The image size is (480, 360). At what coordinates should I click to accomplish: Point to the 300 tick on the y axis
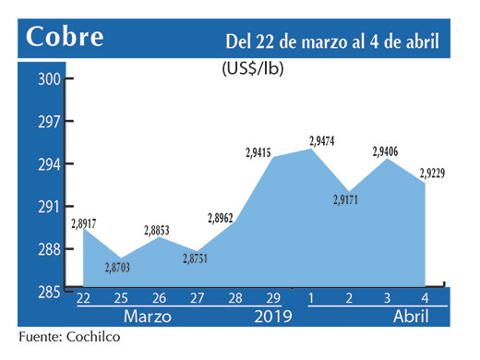(x=49, y=79)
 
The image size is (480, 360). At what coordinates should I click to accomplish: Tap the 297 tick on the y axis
(x=49, y=122)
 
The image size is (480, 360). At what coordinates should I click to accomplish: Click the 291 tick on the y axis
(x=49, y=207)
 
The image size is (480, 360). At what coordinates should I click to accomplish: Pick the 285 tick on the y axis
(x=49, y=292)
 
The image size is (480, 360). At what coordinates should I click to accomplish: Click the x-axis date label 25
(x=121, y=299)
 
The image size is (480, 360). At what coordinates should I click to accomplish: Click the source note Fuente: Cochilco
(x=69, y=337)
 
